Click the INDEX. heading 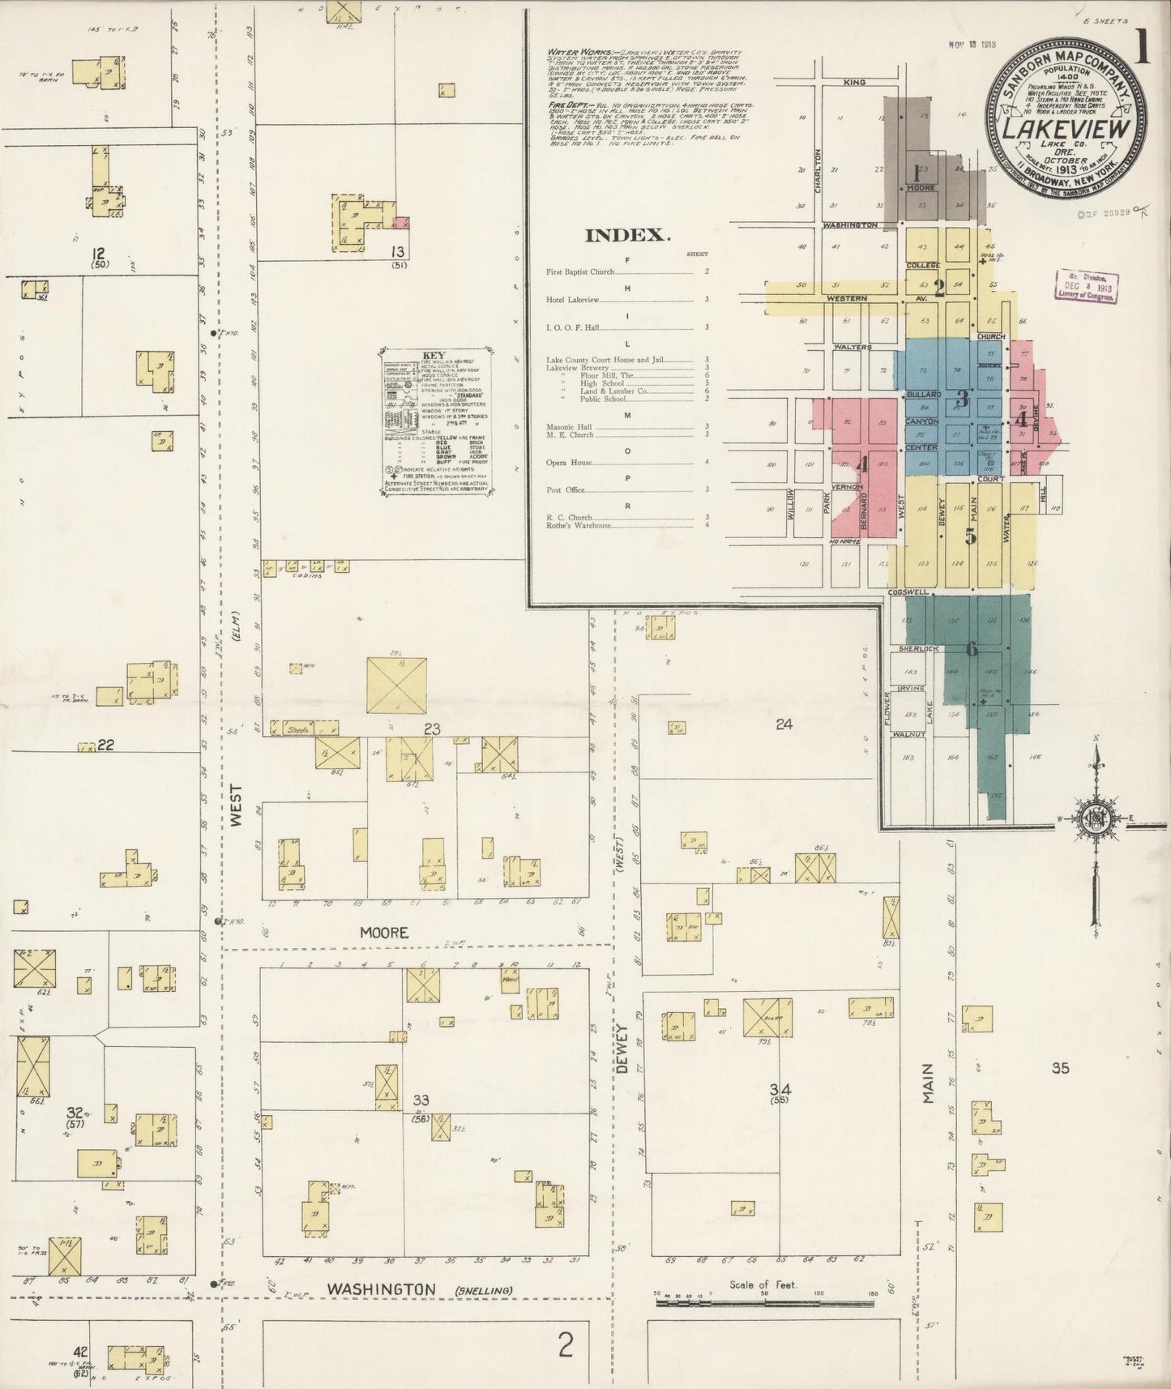pos(628,236)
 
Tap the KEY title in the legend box pos(435,355)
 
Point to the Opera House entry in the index pos(569,463)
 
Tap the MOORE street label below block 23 pos(384,933)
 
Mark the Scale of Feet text pos(763,1284)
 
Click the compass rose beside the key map pos(1096,818)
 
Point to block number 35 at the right pos(1060,1068)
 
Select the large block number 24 pos(784,724)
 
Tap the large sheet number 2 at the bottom pos(566,1346)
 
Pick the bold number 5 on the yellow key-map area pos(971,536)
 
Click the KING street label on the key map pos(854,83)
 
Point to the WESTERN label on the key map pos(847,298)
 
